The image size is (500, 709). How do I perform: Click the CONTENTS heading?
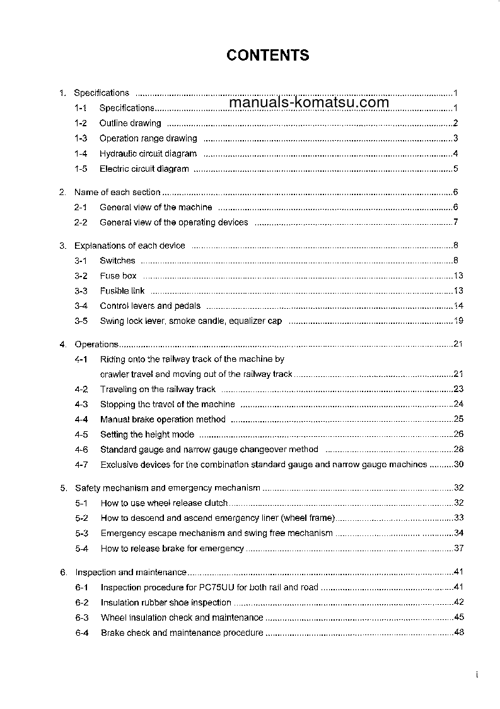268,56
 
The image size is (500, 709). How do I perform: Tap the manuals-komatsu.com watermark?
309,103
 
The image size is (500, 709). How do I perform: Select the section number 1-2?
81,123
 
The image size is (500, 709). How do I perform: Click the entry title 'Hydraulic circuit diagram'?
148,153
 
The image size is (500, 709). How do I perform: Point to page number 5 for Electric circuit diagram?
455,169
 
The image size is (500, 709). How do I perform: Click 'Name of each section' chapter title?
117,192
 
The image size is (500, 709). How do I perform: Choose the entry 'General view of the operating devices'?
174,222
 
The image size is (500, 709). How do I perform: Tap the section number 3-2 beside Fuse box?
81,276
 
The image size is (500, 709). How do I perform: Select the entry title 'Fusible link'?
122,291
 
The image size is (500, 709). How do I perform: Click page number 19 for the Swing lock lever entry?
458,321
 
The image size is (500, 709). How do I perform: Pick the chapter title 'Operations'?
96,344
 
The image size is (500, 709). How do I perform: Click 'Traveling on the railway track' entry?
158,390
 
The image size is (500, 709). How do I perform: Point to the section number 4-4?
81,419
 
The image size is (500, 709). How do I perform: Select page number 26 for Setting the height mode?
458,434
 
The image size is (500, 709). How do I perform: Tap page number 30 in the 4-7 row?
458,465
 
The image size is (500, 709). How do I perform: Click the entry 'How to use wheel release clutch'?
165,503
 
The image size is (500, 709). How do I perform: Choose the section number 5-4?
82,549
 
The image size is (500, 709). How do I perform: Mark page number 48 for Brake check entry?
458,633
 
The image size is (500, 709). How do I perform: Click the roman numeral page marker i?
477,675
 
